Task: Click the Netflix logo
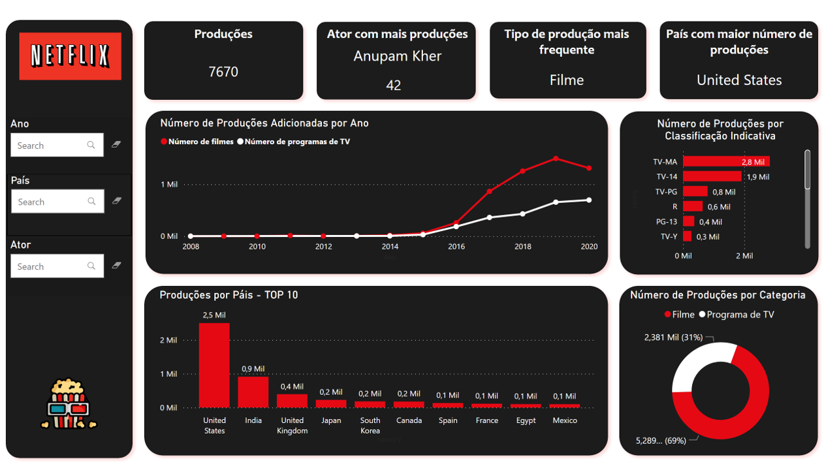tap(70, 56)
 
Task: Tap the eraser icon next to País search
tap(117, 201)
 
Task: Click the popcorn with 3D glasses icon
tap(69, 405)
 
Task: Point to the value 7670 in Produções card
tap(223, 72)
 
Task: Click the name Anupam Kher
tap(397, 56)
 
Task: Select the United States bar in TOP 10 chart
tap(214, 365)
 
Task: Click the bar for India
tap(253, 392)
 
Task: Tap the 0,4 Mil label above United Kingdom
tap(292, 386)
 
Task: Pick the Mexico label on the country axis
tap(565, 420)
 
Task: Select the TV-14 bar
tap(712, 176)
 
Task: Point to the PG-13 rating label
tap(666, 222)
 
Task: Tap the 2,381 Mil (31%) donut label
tap(673, 337)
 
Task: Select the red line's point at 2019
tap(556, 159)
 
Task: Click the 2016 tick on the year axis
tap(456, 247)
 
